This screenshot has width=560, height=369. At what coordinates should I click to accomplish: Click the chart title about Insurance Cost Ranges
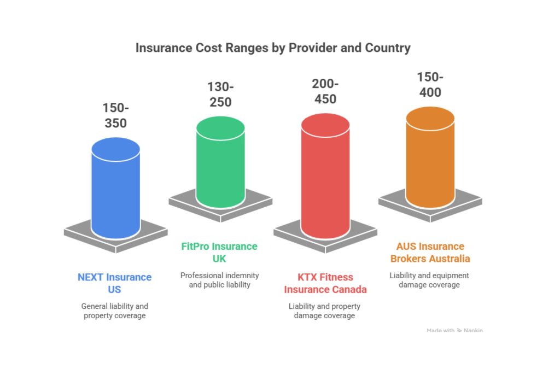273,48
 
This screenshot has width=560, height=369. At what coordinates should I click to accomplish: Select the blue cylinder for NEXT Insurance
116,197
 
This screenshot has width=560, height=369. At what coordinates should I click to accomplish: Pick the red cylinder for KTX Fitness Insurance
325,186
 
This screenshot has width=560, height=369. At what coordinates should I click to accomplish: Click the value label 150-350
115,115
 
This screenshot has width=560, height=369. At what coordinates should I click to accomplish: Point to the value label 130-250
220,95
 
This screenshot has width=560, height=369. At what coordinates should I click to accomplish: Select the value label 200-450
325,91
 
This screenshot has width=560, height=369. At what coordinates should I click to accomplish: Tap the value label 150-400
430,85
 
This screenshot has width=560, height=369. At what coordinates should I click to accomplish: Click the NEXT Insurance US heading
114,283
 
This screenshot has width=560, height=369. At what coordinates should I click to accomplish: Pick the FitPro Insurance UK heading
219,252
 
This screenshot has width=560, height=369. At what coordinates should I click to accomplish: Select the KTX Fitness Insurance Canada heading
325,283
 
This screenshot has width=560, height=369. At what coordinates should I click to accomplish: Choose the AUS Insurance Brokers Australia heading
430,252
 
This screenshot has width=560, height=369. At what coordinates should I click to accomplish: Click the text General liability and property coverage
114,311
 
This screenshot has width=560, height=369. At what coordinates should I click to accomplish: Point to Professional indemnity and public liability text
219,280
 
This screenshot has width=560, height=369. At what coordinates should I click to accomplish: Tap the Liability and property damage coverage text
325,311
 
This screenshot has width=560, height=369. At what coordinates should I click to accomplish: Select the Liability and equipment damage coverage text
430,280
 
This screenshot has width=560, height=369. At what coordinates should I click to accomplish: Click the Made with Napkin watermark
454,330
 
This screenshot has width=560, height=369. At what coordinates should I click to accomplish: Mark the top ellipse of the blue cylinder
116,149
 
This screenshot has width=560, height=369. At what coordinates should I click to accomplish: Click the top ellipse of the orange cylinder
430,119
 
